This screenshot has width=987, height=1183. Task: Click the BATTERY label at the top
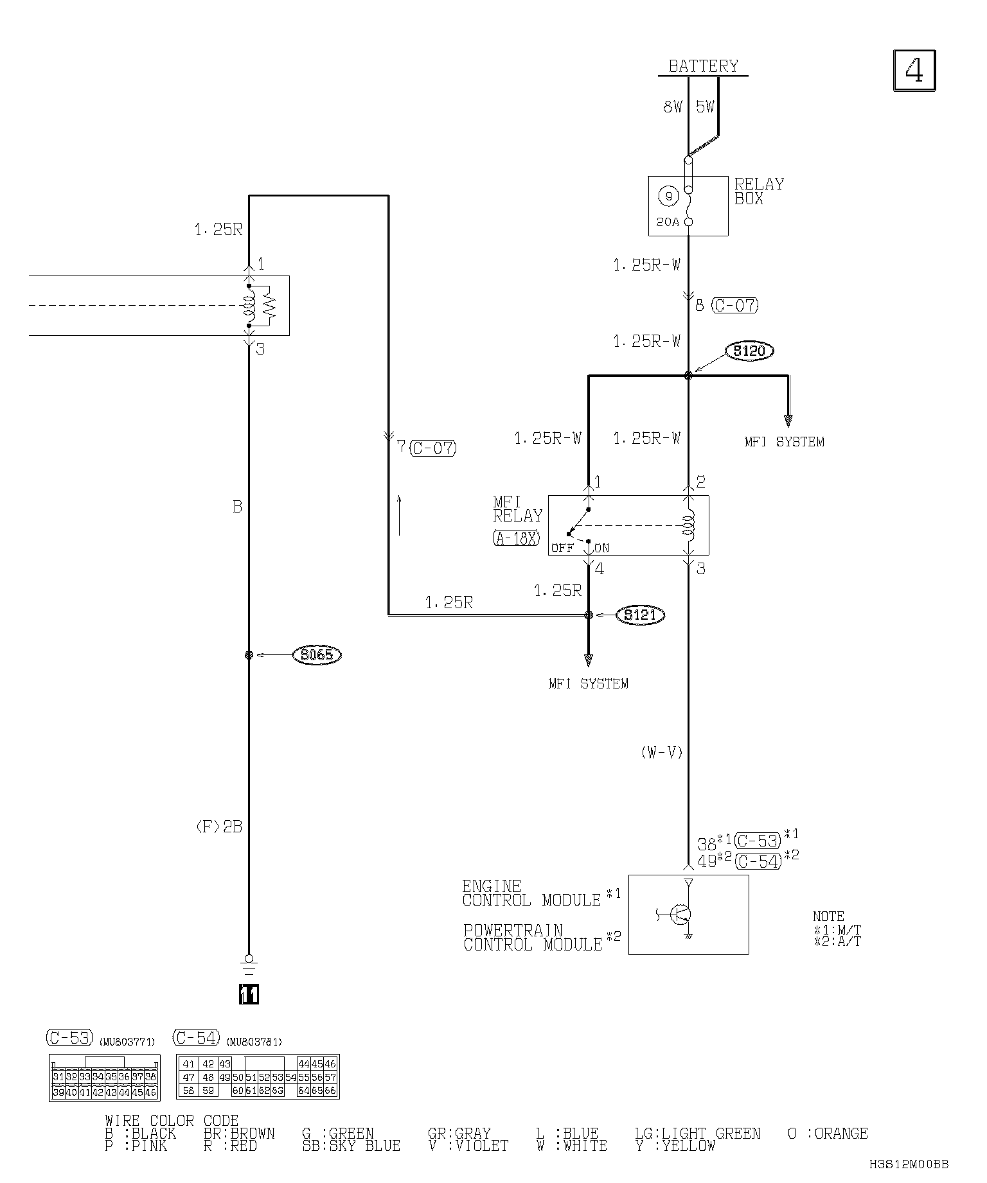click(x=703, y=66)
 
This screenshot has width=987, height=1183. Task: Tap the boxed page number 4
click(x=914, y=70)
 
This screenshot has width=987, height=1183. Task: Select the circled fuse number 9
click(x=668, y=196)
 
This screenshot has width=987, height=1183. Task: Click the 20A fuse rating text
click(x=668, y=222)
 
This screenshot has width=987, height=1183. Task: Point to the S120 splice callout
click(x=749, y=351)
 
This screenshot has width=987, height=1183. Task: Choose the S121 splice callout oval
click(x=640, y=615)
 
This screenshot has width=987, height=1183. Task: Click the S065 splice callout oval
click(x=316, y=655)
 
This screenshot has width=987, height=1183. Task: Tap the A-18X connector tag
click(x=516, y=538)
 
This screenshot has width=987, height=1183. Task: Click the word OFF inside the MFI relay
click(x=562, y=548)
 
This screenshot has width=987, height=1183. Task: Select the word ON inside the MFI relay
click(x=601, y=548)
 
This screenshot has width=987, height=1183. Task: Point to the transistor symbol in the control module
click(x=679, y=915)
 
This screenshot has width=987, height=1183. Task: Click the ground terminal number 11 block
click(x=249, y=994)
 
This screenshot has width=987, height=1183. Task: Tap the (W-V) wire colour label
click(x=661, y=753)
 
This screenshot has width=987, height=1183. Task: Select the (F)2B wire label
click(x=218, y=827)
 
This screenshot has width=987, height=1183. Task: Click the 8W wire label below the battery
click(x=672, y=107)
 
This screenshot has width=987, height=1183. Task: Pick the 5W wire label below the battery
click(x=705, y=107)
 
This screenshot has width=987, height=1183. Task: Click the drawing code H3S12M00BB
click(x=909, y=1164)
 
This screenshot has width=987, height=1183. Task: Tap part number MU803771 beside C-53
click(x=127, y=1042)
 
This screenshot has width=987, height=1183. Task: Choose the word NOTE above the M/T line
click(x=828, y=916)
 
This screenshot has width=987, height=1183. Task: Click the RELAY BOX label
click(x=759, y=191)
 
